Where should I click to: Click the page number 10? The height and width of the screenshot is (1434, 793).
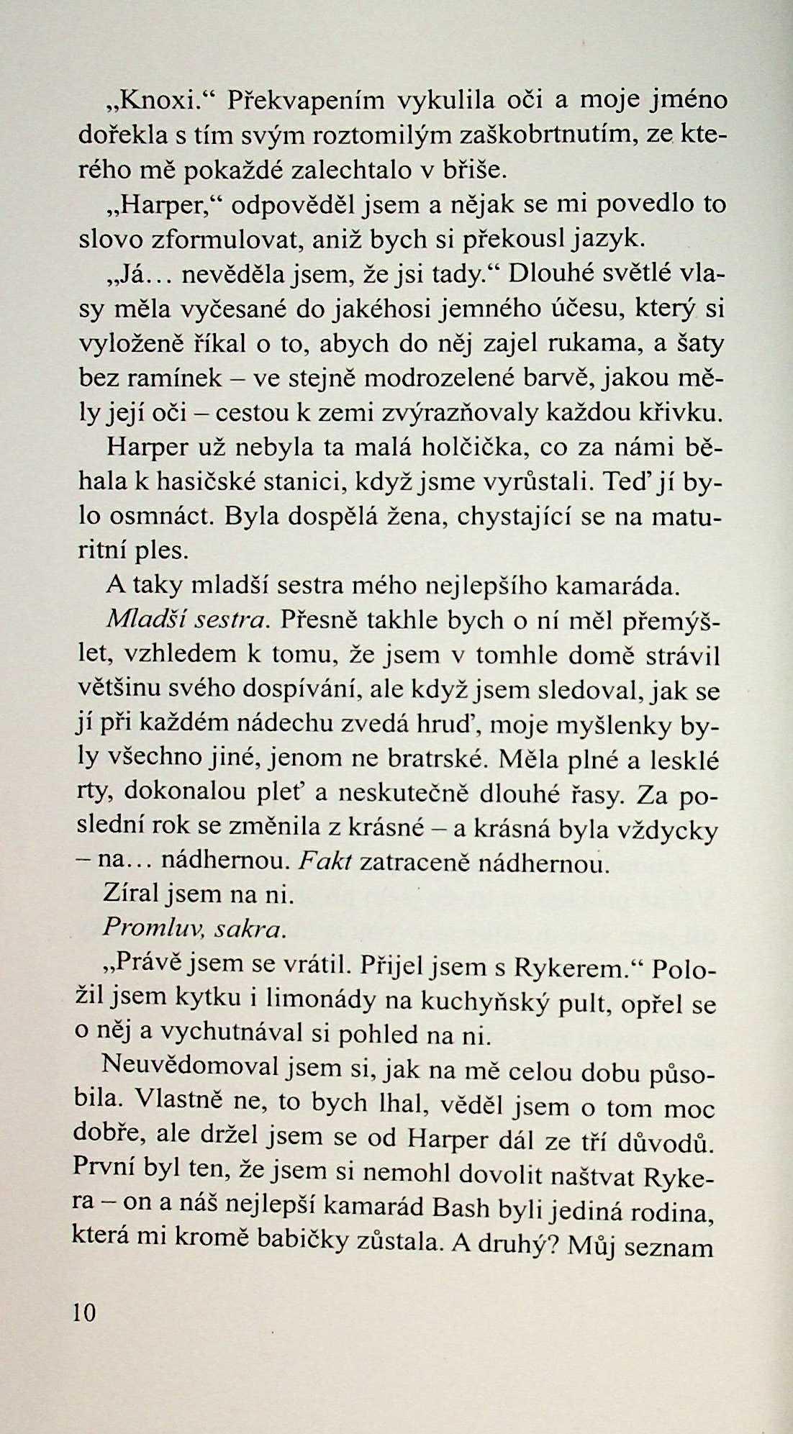[83, 1312]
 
